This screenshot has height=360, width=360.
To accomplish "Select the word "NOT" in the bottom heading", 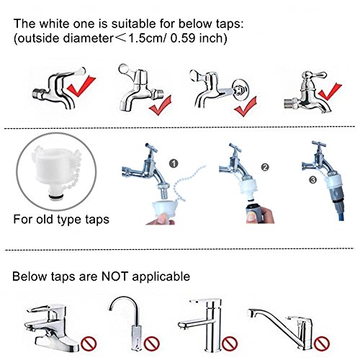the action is click(x=114, y=276).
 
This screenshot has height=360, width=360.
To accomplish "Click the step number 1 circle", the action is click(x=174, y=163).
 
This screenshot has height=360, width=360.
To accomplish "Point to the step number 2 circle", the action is click(x=265, y=167).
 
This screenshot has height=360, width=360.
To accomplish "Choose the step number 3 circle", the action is click(x=313, y=179).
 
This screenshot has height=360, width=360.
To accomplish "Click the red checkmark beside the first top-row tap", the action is click(x=81, y=86).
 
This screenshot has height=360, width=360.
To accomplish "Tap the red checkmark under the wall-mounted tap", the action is click(x=246, y=107).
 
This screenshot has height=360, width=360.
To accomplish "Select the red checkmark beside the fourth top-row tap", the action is click(x=330, y=91).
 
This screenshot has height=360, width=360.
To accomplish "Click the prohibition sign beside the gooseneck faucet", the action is click(x=152, y=343).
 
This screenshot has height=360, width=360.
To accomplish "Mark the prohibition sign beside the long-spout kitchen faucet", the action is click(x=322, y=343).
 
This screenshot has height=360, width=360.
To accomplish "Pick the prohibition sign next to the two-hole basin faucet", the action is click(x=89, y=343).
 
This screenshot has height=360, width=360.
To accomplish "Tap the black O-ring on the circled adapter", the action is click(x=55, y=197).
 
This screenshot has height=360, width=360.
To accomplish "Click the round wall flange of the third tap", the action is click(x=240, y=89).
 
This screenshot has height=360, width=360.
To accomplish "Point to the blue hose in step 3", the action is click(x=338, y=211).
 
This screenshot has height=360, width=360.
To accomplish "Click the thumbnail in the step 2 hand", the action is click(x=251, y=217).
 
